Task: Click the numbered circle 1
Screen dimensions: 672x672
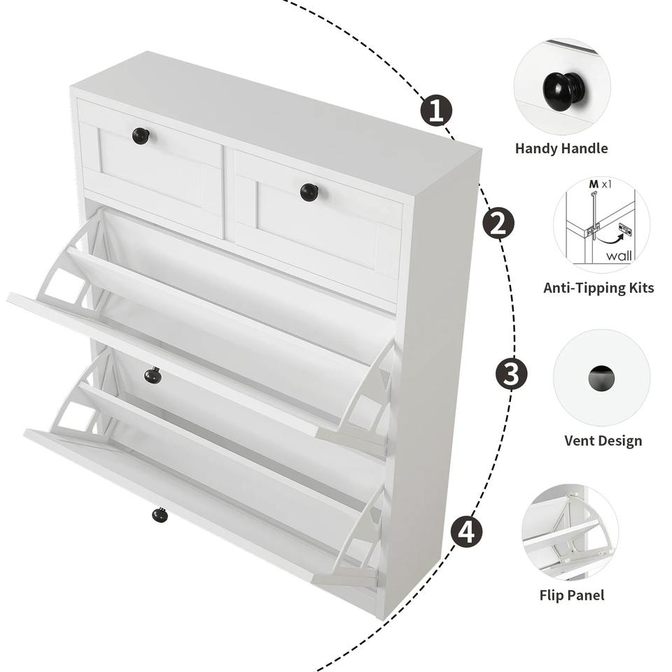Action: point(436,111)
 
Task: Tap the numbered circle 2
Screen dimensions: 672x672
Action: point(498,223)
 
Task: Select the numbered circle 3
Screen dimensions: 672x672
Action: point(511,374)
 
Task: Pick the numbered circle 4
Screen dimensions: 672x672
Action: point(466,531)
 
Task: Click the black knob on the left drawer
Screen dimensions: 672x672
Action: point(141,136)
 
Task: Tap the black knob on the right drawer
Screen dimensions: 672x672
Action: point(308,192)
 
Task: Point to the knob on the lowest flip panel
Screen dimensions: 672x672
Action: point(160,514)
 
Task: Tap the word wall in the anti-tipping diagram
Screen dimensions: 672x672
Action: point(619,256)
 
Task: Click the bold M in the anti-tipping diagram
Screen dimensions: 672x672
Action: point(594,184)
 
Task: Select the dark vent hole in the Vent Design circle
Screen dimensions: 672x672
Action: point(601,378)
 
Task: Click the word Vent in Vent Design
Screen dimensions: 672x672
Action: point(580,440)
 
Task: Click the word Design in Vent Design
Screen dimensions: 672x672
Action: point(619,441)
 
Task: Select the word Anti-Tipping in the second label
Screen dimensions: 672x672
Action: point(583,288)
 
